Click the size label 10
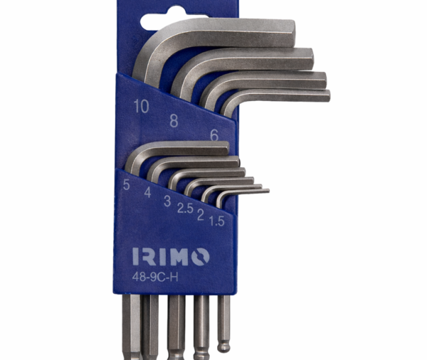(141, 106)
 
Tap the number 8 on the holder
(174, 121)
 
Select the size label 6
(214, 134)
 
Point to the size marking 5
(126, 184)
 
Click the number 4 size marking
(147, 192)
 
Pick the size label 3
(167, 201)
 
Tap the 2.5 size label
(185, 208)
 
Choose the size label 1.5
(217, 221)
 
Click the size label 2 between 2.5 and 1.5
(201, 215)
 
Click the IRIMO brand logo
(171, 257)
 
